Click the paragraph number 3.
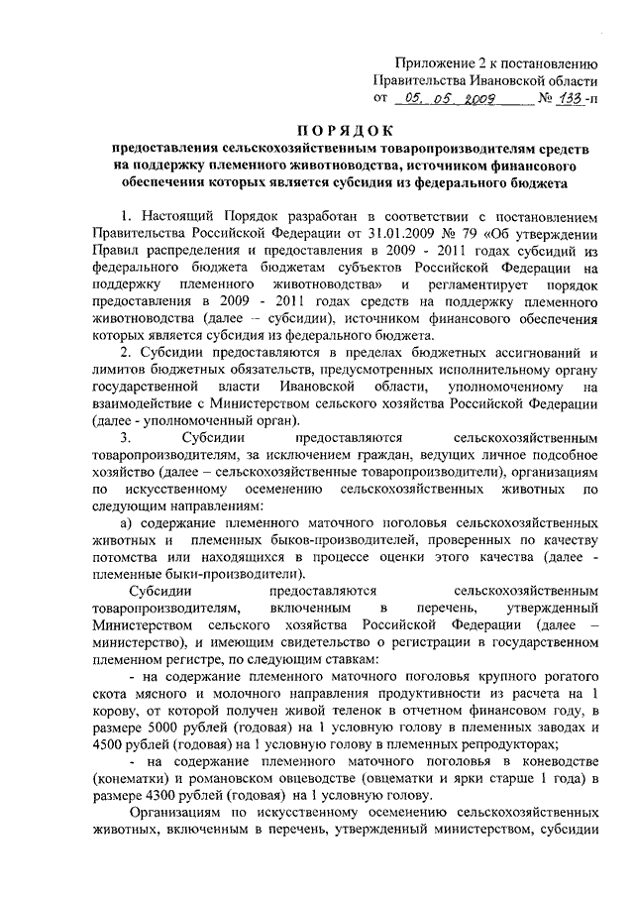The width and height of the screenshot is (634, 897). (125, 437)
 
